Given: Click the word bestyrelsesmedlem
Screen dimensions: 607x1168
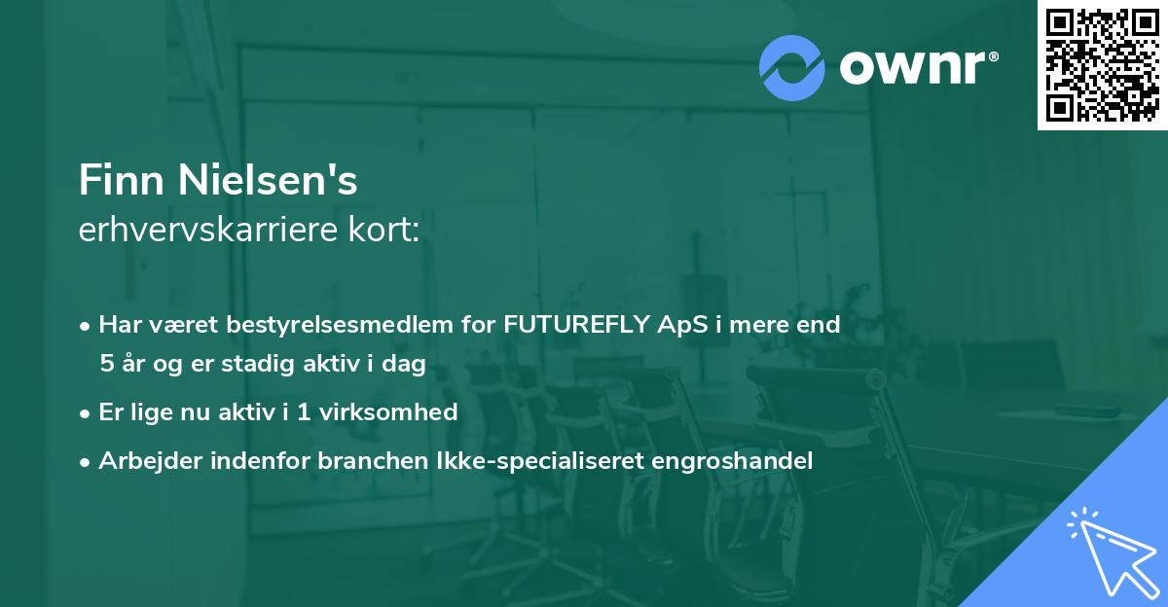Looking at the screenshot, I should click(x=327, y=325).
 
